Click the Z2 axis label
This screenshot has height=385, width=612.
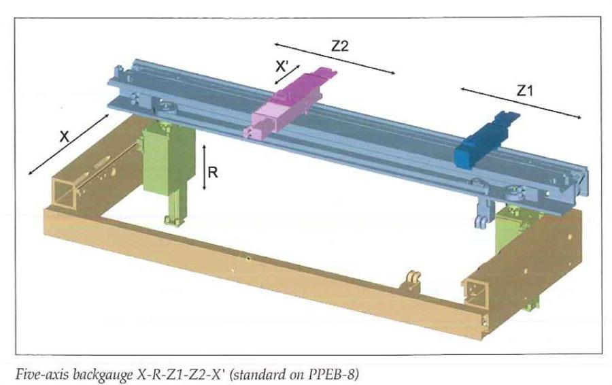(x=339, y=46)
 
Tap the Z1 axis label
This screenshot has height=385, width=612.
(x=524, y=90)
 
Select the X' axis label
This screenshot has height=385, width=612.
(x=282, y=67)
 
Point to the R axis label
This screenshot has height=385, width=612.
(x=213, y=172)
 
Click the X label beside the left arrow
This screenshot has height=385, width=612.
(x=65, y=137)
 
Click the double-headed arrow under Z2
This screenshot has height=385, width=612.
(x=335, y=58)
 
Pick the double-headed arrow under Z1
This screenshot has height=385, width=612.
(x=521, y=103)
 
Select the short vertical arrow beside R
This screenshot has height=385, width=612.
(x=204, y=167)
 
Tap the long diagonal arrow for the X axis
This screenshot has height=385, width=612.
(x=69, y=145)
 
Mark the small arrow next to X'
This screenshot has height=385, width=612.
(x=287, y=75)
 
